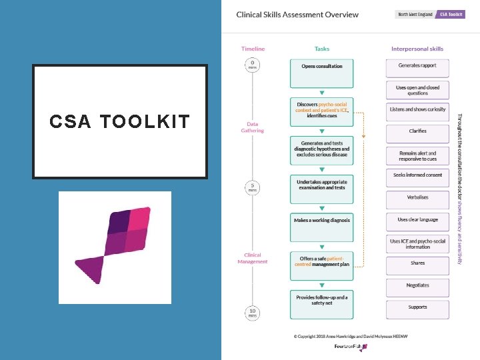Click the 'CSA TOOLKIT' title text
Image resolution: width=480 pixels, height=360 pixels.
(x=119, y=121)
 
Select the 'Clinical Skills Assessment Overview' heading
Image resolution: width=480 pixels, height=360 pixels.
(x=297, y=15)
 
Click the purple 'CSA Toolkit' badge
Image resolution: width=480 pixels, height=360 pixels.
(x=451, y=15)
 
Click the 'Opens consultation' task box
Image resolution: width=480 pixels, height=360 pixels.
(x=321, y=73)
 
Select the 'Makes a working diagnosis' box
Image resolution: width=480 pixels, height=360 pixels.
(x=321, y=227)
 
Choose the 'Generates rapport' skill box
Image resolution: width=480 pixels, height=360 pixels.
(x=417, y=67)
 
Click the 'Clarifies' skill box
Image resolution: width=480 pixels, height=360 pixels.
(x=417, y=131)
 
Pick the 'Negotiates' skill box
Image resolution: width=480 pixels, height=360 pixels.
(x=417, y=285)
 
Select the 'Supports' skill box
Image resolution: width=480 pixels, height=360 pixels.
(x=417, y=307)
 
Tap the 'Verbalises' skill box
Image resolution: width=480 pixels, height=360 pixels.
(x=417, y=197)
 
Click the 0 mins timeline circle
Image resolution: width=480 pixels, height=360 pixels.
(x=253, y=65)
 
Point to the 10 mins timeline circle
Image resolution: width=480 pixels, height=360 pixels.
(x=253, y=313)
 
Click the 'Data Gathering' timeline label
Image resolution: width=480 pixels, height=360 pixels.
(x=253, y=127)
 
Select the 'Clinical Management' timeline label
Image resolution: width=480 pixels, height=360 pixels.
(x=253, y=258)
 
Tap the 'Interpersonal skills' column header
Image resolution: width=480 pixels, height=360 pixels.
(x=417, y=49)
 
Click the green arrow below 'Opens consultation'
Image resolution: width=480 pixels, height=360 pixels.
(x=321, y=93)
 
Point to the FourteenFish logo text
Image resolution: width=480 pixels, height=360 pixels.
(x=349, y=347)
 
